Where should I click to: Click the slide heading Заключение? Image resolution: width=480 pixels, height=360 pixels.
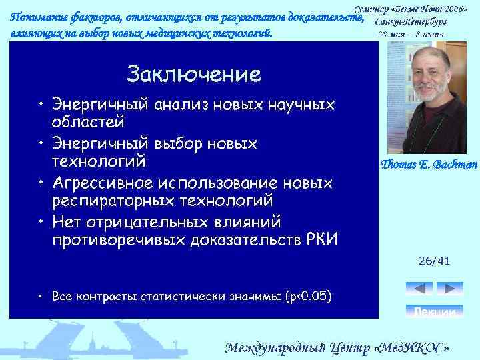(x=193, y=73)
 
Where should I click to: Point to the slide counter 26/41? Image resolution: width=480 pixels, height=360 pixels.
(x=434, y=261)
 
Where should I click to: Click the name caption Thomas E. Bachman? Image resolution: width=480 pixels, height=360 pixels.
(x=429, y=165)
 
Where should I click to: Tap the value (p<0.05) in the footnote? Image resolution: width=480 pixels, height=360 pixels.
(x=307, y=295)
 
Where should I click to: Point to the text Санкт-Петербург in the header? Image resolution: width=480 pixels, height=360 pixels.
(x=417, y=21)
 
